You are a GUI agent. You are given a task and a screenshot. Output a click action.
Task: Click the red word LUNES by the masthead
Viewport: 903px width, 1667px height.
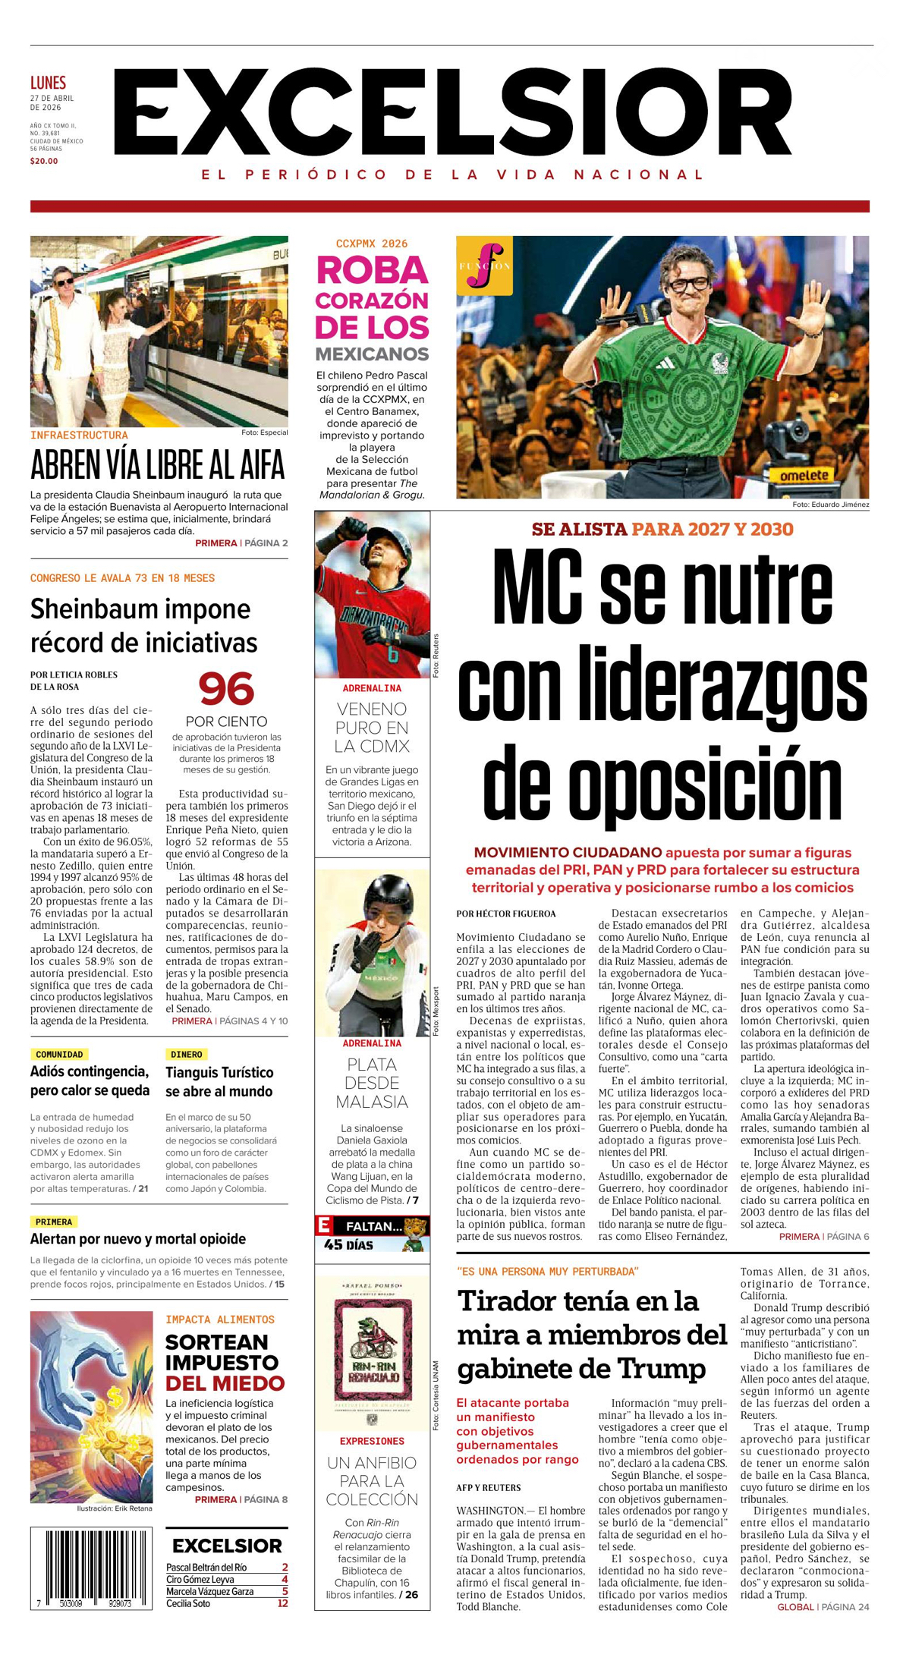click(x=48, y=83)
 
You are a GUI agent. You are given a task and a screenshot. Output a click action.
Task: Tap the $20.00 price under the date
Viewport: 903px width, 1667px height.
click(x=44, y=161)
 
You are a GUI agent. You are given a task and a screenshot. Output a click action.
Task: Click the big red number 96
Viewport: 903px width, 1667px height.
click(x=226, y=689)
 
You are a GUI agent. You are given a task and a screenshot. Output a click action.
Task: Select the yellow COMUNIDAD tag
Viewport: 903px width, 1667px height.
click(x=59, y=1054)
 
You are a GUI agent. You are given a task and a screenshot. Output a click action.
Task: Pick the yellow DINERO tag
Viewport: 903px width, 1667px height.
click(x=186, y=1054)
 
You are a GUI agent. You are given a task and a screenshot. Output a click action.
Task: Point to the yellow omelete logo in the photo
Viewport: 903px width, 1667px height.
click(x=805, y=476)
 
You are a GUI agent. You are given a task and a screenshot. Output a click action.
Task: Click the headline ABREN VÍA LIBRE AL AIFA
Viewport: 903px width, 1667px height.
click(x=158, y=465)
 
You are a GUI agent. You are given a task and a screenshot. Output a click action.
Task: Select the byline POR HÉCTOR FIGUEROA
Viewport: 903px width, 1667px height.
click(x=506, y=914)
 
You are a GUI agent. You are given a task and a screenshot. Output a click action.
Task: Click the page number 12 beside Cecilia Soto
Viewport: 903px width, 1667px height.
click(x=282, y=1603)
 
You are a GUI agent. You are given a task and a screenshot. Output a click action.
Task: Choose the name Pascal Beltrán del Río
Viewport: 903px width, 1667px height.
click(x=206, y=1567)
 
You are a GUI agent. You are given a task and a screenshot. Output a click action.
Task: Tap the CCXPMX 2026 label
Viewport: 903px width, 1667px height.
click(x=372, y=244)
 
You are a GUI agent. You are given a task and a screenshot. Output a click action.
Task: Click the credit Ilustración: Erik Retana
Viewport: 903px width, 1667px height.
click(x=115, y=1508)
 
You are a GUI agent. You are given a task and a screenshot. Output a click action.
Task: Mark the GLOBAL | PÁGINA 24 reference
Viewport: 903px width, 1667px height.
click(x=823, y=1607)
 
